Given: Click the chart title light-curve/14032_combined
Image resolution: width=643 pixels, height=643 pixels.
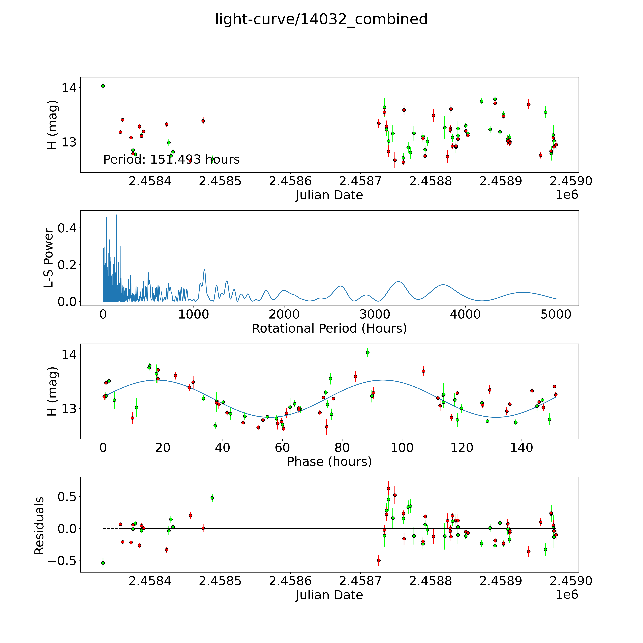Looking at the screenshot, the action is coord(321,19).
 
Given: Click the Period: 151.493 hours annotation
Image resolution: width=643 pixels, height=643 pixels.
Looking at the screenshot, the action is coord(171,160).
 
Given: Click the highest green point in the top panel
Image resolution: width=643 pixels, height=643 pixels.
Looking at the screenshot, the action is coord(103,86).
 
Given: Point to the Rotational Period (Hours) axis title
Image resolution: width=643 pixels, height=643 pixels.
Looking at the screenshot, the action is coord(329,329).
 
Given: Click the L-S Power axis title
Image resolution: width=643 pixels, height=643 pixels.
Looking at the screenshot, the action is coord(49,258).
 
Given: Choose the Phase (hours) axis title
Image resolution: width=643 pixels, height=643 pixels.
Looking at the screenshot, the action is coord(329,462).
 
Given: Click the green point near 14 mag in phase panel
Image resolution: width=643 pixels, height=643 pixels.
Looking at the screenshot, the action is coord(368,352).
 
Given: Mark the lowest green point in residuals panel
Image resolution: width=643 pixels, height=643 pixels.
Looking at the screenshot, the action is coord(103,563).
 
